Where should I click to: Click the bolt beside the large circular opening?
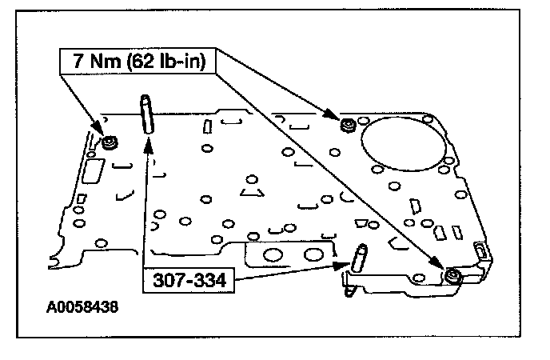click(347, 124)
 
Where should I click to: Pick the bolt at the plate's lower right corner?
click(452, 277)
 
